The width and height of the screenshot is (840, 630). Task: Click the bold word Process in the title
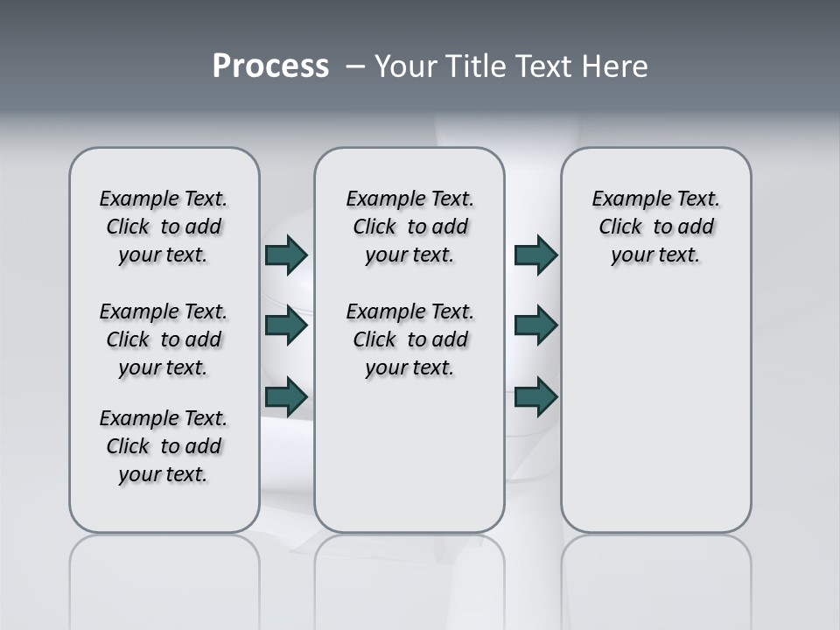(270, 66)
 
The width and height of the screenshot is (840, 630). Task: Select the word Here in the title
(615, 66)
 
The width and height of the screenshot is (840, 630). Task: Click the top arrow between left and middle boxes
(286, 255)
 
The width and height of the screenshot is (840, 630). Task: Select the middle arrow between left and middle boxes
(286, 326)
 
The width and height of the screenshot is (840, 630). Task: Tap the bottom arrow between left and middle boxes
(286, 396)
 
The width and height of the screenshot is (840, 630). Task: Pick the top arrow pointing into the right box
(535, 255)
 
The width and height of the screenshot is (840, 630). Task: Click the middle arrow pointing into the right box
(535, 325)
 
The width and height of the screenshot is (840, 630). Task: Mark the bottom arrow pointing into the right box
(535, 396)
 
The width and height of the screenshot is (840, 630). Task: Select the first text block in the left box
(164, 227)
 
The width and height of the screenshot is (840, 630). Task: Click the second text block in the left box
(164, 339)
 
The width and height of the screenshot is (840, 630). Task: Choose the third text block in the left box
(164, 446)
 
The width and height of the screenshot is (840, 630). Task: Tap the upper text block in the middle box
(409, 227)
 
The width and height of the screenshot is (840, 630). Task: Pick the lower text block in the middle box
(409, 339)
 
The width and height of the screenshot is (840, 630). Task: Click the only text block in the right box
(655, 227)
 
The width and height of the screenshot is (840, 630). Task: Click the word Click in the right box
(620, 227)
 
